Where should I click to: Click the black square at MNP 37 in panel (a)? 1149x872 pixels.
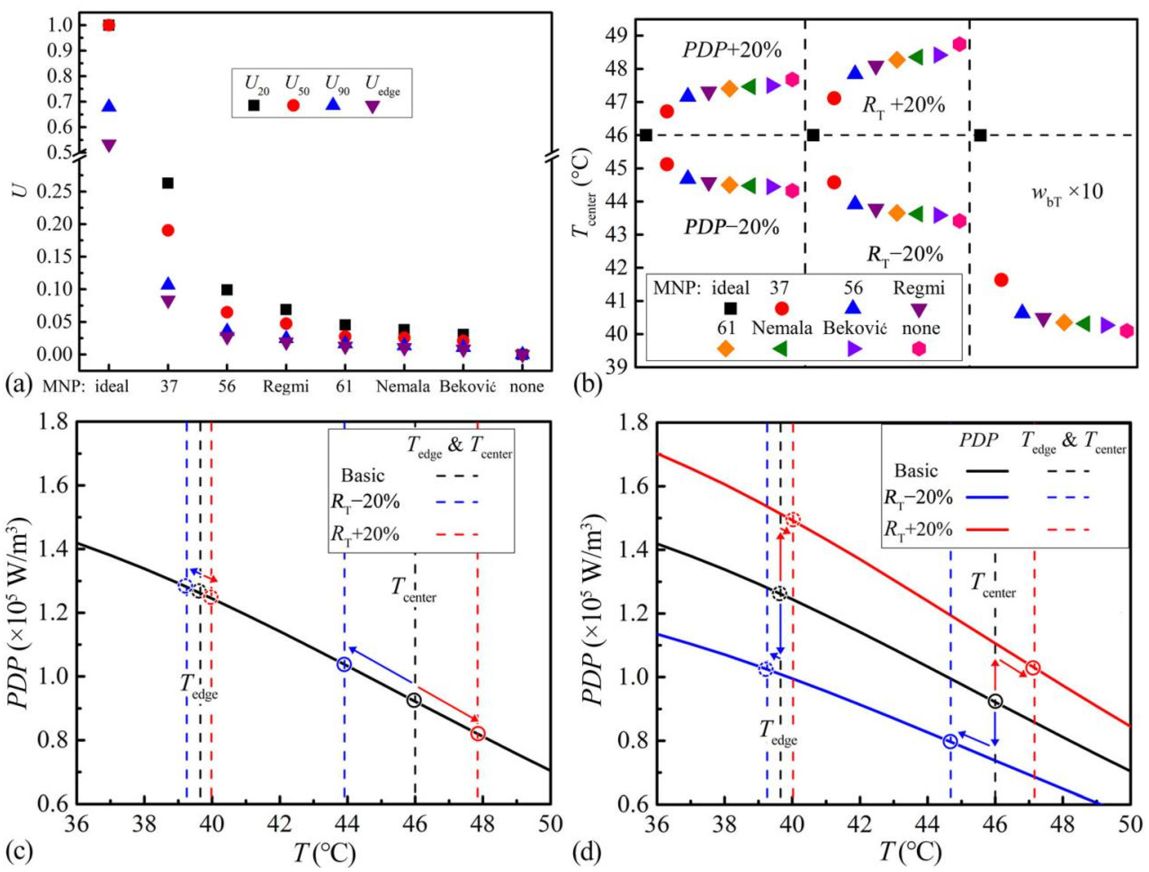168,183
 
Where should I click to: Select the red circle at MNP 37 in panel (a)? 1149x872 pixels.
168,230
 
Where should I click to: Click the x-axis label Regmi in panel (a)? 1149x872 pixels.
286,386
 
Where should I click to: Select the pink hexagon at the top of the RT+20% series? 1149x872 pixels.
959,44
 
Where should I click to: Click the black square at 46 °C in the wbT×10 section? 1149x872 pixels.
980,135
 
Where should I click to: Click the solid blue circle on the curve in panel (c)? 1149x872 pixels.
345,664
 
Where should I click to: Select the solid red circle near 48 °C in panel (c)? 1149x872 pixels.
478,733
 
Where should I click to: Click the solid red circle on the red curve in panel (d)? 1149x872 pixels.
1033,668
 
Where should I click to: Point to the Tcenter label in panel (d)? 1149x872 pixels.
994,585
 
